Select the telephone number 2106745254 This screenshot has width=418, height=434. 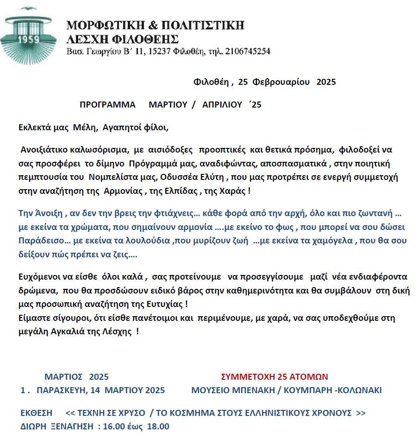pos(247,51)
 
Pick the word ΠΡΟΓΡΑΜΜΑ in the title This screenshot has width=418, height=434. pos(107,104)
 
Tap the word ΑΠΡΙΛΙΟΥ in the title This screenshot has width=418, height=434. pos(222,104)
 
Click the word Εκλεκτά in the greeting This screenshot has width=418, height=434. pos(34,127)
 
